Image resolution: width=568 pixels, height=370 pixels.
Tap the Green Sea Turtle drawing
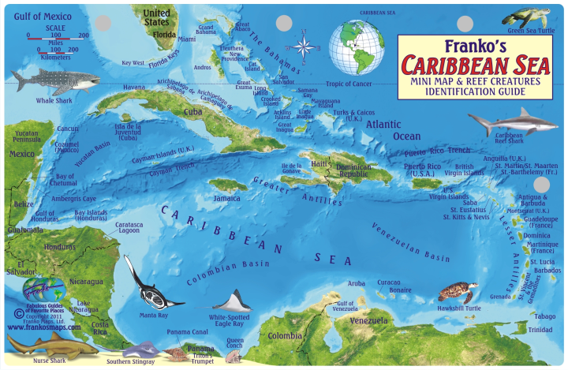click(527, 17)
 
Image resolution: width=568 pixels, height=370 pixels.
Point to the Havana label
click(134, 87)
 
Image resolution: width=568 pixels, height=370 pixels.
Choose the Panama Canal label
click(187, 331)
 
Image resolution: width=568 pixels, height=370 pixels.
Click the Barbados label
click(526, 270)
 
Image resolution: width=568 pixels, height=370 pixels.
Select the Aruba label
click(357, 282)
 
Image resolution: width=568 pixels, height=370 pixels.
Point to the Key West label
click(133, 62)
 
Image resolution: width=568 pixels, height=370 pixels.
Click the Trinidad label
click(540, 329)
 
